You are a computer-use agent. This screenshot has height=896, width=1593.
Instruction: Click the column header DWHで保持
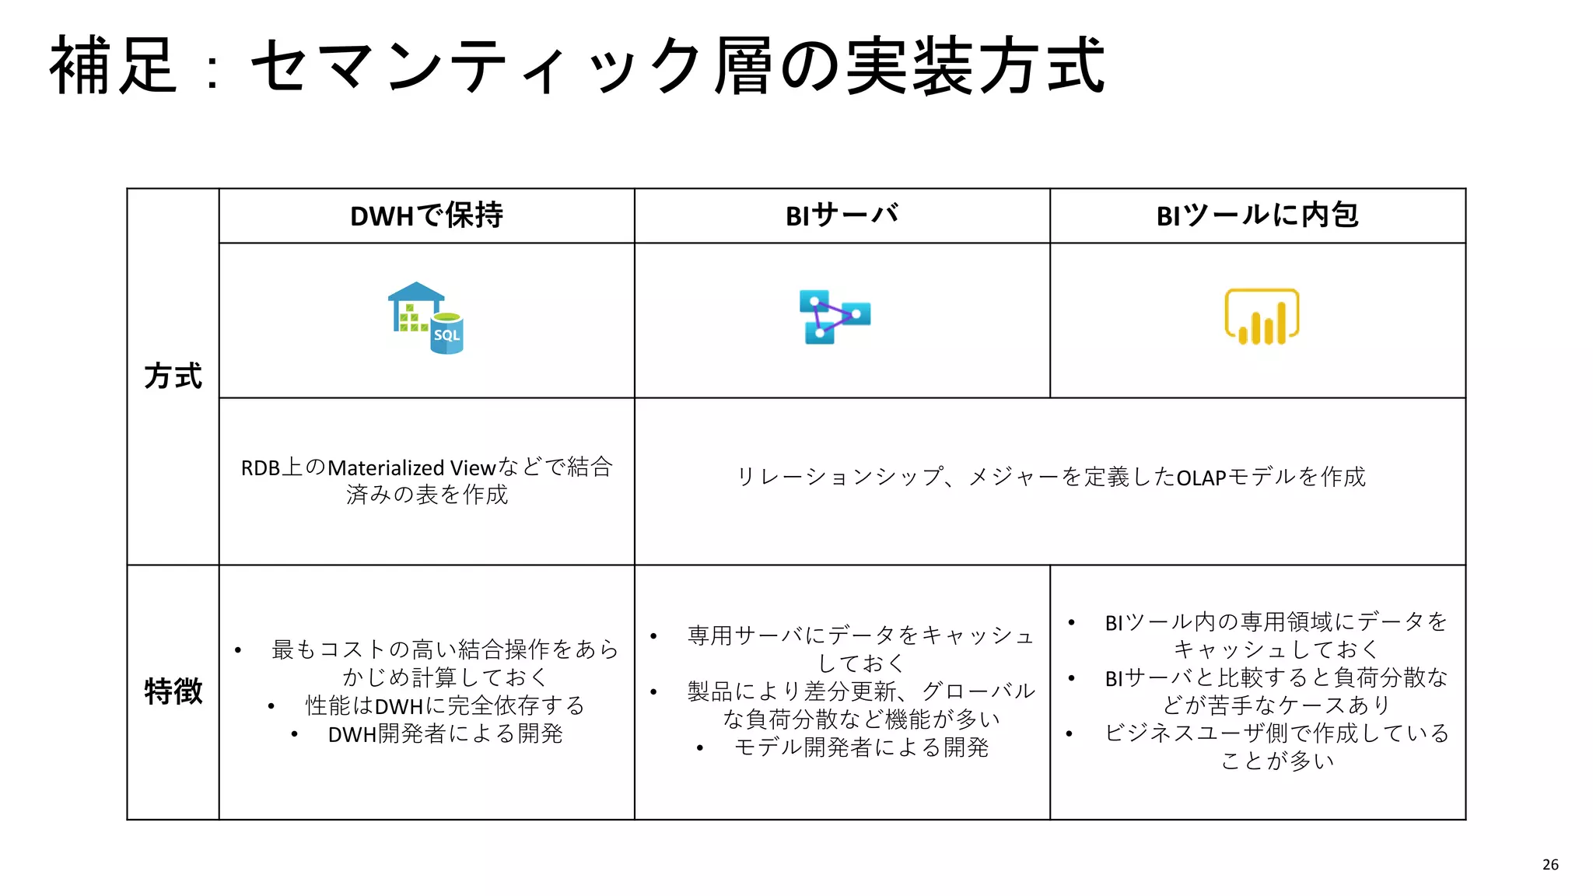(426, 215)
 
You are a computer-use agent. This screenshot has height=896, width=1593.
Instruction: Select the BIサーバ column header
(842, 215)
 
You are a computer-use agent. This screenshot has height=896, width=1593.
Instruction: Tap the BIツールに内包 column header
(1257, 215)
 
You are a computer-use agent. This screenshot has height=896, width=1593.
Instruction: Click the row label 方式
(173, 376)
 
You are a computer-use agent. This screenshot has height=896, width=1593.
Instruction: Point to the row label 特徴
(173, 691)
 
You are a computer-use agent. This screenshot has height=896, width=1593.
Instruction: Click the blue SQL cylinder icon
(446, 334)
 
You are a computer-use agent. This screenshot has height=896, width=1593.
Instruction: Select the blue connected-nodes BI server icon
(834, 317)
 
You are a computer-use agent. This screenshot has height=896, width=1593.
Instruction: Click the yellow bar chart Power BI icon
(1262, 317)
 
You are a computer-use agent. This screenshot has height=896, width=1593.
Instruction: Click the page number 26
(1550, 865)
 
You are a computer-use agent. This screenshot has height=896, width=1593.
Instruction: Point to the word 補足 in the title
(114, 67)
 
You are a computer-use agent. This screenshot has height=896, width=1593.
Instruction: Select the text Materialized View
(411, 468)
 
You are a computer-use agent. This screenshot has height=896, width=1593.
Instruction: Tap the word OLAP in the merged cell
(1201, 478)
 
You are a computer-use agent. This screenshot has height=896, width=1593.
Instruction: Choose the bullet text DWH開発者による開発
(445, 733)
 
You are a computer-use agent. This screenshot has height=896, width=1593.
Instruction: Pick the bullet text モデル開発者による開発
(861, 747)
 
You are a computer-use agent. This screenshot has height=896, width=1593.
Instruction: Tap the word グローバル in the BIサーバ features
(979, 691)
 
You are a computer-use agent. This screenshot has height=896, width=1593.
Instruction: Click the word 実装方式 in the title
(975, 67)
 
